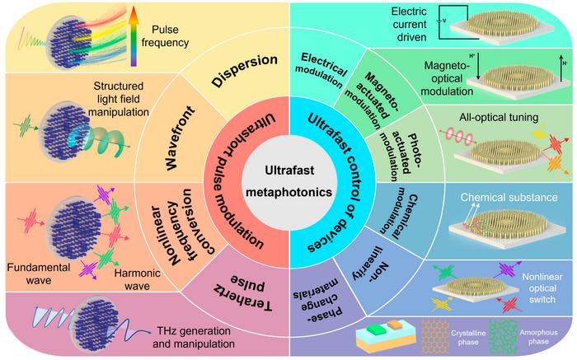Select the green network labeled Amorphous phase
[x=528, y=336]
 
